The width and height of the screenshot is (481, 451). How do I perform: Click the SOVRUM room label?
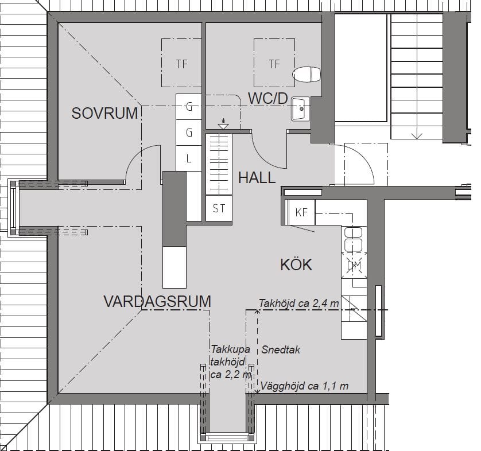coord(104,113)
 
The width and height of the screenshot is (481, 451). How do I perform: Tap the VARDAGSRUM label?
coord(157,301)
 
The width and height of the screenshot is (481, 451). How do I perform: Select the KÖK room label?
coord(296,265)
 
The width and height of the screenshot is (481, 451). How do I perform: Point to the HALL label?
coord(257,178)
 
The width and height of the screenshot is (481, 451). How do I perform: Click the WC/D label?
coord(268,99)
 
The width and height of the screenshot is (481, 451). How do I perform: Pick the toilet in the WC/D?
coord(307,75)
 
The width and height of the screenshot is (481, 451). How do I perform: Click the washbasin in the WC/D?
coord(300,109)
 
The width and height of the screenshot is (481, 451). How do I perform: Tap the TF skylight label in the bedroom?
coord(181,64)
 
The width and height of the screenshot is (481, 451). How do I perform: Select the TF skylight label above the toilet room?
coord(274,64)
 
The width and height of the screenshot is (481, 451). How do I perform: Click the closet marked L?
coord(189,158)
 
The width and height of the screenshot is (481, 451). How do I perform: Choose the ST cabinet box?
coord(219,208)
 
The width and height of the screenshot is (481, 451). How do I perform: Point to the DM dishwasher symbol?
coord(354,266)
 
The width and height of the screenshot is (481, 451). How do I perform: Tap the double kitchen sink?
coord(354,239)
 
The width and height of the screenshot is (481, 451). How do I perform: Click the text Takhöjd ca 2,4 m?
coord(299,304)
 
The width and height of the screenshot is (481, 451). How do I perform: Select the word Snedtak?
coord(281,350)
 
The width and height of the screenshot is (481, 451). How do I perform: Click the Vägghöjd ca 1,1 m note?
coord(304,386)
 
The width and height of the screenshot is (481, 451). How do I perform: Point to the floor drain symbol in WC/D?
coord(223,124)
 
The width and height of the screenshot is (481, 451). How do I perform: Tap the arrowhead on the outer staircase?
coord(417,136)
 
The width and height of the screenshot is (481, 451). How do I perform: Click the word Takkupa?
coord(230,349)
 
